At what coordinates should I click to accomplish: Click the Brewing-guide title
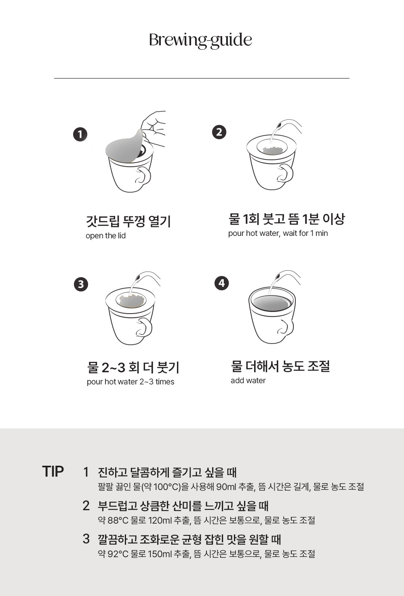[200, 40]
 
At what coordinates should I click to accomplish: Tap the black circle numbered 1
[80, 135]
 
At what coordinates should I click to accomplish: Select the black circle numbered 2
[219, 132]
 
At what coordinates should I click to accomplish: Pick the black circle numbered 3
[81, 284]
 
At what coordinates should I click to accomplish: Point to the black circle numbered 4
[221, 283]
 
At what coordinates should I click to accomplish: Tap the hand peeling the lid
[154, 129]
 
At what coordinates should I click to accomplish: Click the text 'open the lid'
[105, 236]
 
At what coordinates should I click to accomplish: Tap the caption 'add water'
[248, 381]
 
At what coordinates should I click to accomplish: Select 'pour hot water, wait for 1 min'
[278, 233]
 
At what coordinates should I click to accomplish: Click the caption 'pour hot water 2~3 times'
[130, 382]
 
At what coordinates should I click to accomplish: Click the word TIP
[53, 472]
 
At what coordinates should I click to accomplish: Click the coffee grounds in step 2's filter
[272, 151]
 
